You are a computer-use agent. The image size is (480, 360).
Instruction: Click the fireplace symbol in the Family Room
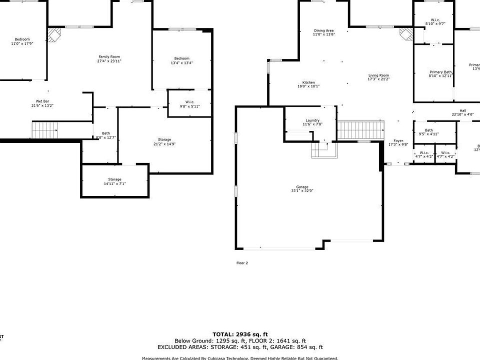[x=53, y=35]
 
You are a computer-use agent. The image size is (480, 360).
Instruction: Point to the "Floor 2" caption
[x=242, y=262]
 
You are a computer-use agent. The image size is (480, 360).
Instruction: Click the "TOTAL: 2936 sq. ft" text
[x=240, y=334]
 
